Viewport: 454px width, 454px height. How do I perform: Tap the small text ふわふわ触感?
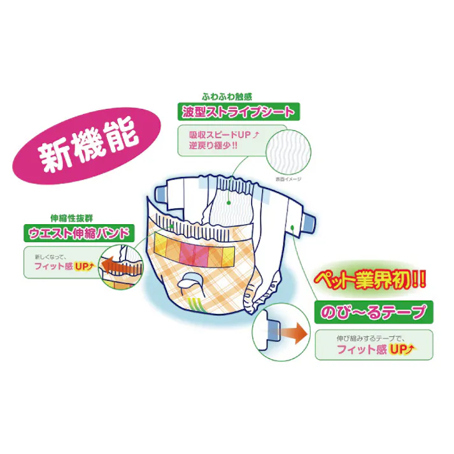(226, 97)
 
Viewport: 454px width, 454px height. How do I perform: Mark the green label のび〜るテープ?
(371, 313)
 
